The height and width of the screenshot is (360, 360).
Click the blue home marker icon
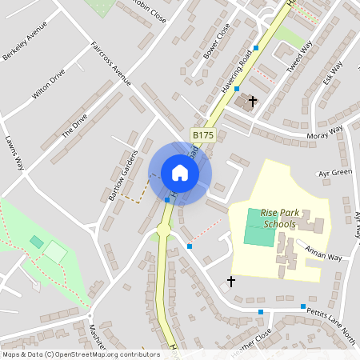click(180, 173)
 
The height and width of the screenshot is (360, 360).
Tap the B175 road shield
click(203, 136)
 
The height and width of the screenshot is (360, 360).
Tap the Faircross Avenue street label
click(110, 63)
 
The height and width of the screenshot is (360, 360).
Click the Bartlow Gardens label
click(118, 175)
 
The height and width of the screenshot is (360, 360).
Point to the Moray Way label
click(324, 133)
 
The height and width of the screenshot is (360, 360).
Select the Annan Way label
click(323, 254)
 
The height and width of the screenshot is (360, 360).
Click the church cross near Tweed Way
click(253, 102)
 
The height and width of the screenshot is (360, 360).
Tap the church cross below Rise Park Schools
click(231, 282)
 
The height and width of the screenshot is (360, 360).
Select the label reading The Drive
click(74, 124)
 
